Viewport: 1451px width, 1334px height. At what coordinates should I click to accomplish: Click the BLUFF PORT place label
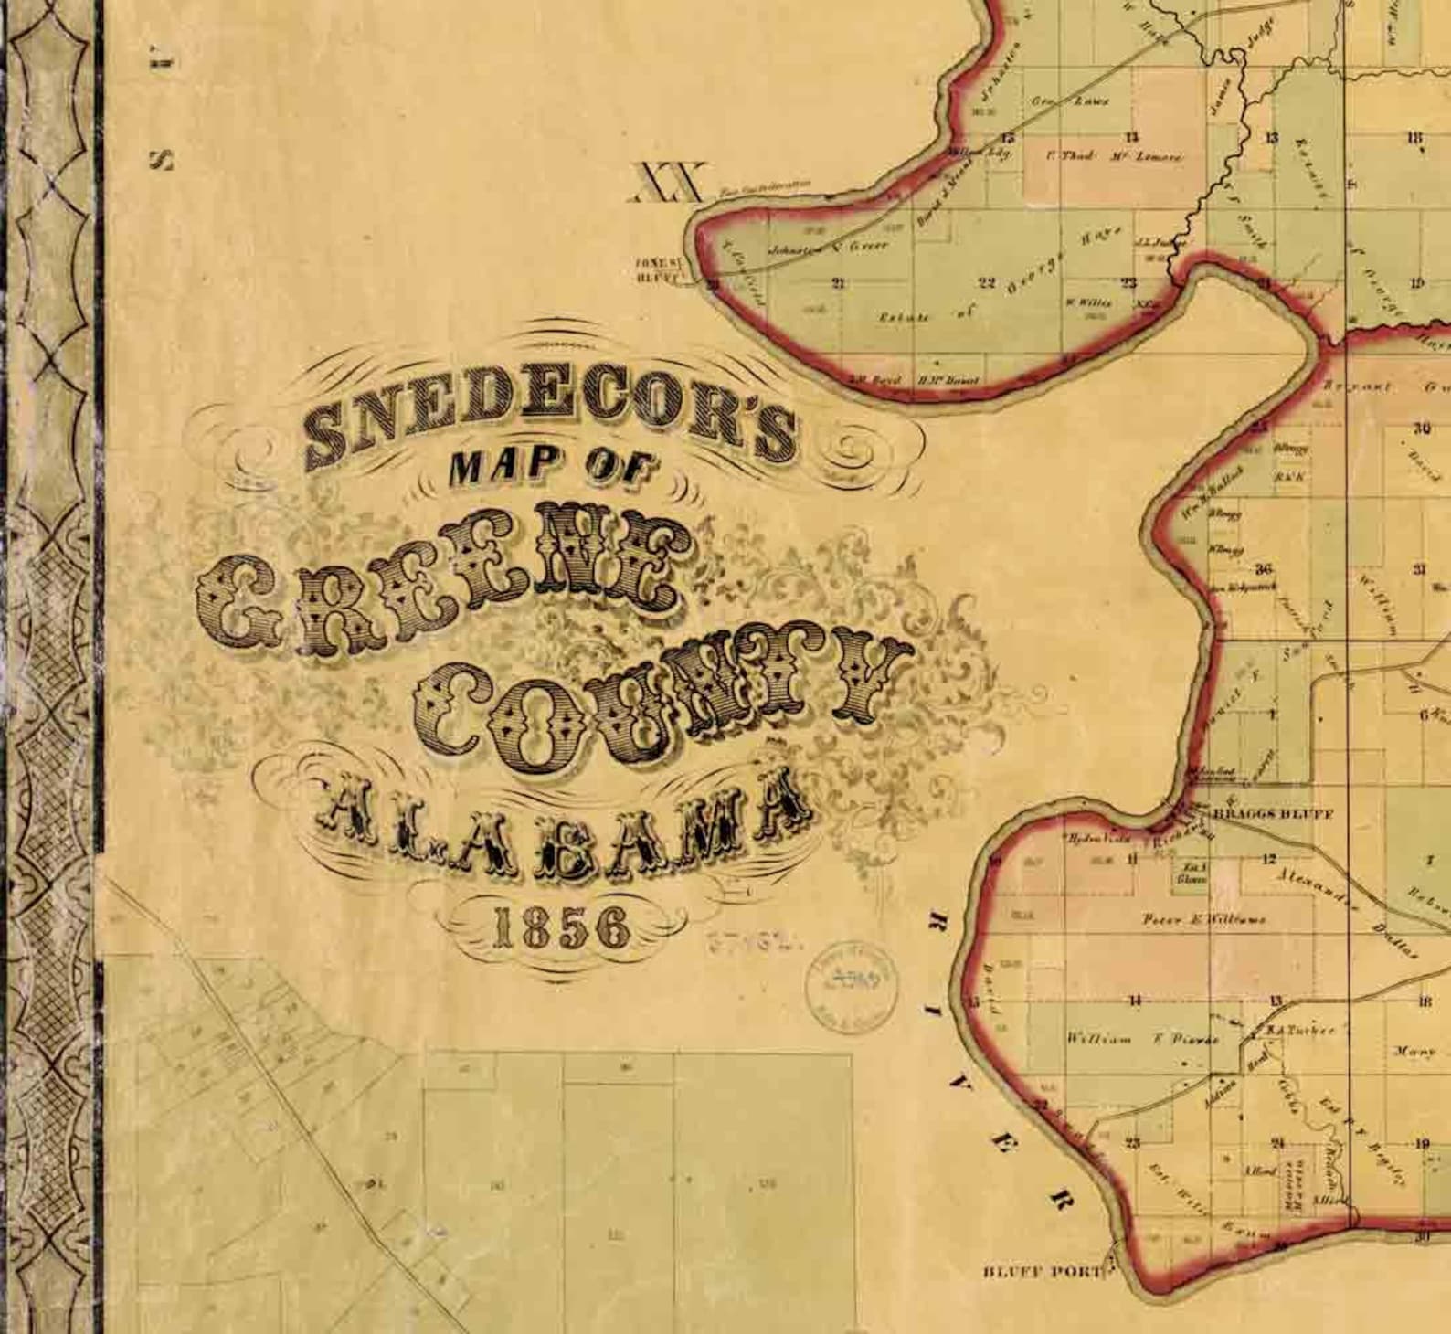(1043, 1271)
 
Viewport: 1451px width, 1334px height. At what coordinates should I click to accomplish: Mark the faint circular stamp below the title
(850, 982)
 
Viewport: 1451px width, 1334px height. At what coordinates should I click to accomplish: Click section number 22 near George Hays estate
(986, 282)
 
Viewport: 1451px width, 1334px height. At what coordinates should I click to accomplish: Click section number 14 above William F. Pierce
(1134, 1001)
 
